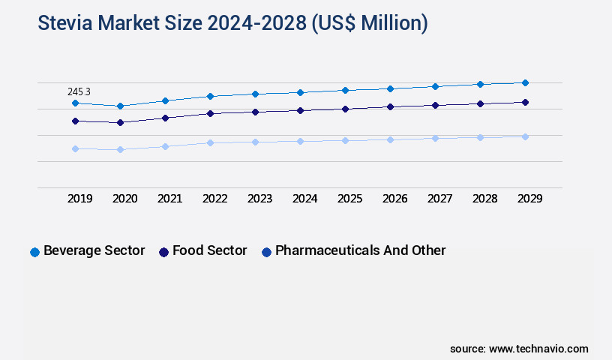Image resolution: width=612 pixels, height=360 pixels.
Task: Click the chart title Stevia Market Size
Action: (232, 23)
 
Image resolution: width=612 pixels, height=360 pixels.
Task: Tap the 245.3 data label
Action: (79, 91)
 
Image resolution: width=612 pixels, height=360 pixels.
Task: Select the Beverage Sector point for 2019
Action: (75, 103)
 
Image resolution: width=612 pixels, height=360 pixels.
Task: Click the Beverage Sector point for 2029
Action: (525, 82)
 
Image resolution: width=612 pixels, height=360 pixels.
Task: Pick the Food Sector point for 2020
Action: (120, 122)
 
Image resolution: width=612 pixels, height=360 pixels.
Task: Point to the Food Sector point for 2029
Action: (525, 102)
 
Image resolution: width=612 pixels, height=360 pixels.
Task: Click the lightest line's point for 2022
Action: (210, 142)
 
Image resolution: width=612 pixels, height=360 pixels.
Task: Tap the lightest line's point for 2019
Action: (75, 148)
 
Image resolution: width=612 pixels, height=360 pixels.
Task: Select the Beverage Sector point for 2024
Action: (300, 92)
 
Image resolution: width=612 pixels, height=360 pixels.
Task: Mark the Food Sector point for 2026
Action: (390, 106)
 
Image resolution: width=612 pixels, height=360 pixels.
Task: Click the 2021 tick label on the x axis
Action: (169, 199)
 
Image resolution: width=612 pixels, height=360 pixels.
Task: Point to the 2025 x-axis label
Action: (349, 199)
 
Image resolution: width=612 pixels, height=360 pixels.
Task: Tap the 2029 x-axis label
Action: (529, 199)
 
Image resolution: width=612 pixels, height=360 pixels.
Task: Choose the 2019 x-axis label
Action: (79, 199)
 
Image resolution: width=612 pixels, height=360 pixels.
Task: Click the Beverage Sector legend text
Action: (94, 250)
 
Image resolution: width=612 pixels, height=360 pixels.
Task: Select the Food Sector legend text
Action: (209, 250)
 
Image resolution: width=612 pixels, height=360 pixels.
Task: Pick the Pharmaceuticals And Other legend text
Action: (360, 250)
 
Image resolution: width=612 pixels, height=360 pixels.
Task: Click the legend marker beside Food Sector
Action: (163, 252)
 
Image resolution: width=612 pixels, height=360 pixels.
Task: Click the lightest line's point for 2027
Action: (435, 138)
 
